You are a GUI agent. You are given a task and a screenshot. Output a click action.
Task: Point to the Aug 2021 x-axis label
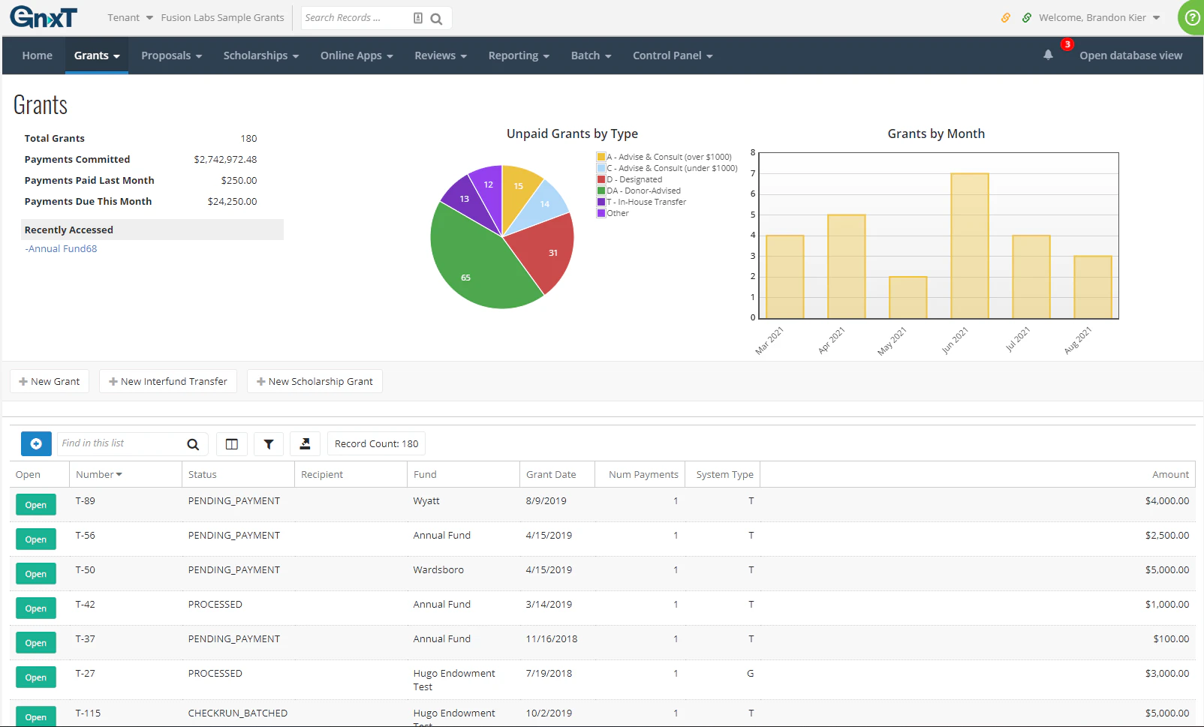1078,340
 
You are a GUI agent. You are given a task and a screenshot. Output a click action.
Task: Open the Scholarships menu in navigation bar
260,56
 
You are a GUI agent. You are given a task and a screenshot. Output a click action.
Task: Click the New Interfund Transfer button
168,381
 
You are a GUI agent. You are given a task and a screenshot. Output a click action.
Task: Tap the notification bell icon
1048,55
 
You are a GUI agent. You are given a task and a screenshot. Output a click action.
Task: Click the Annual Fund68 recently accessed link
62,248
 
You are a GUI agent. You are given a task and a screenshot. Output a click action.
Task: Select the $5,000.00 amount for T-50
1166,569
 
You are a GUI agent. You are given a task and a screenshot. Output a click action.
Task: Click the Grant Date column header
551,474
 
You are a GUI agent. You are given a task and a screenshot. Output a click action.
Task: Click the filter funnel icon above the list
268,443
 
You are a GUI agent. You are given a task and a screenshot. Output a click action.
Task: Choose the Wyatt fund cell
426,500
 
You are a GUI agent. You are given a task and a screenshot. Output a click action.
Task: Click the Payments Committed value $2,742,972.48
225,159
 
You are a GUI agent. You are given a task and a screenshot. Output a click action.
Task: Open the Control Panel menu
672,56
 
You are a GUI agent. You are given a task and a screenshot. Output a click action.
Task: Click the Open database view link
1130,56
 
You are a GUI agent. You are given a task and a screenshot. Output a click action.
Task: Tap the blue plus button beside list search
36,443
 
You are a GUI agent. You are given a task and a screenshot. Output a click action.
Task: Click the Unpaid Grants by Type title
572,134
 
